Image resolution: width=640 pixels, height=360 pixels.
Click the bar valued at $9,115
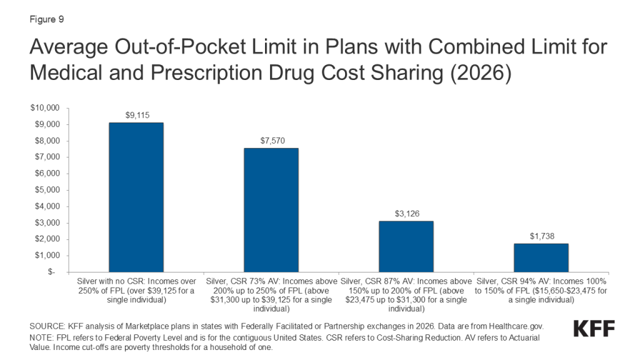pos(136,197)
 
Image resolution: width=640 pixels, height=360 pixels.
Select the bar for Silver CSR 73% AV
pos(271,209)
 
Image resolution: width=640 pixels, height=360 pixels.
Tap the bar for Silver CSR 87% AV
pos(406,246)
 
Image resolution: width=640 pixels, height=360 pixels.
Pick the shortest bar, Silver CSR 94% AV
pos(541,257)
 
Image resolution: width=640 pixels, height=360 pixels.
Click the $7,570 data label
pos(271,141)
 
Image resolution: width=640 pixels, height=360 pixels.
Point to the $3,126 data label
pos(406,214)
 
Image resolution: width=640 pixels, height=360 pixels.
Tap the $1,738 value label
pos(541,237)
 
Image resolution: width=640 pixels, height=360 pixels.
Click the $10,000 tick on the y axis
pos(44,108)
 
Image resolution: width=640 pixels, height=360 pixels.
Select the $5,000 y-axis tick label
pos(46,190)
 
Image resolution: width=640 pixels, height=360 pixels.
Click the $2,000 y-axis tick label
pos(46,239)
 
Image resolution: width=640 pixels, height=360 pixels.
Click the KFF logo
pos(593,329)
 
